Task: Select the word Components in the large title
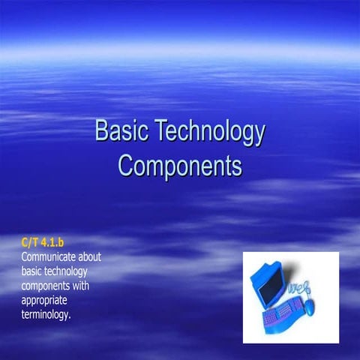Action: tap(180, 164)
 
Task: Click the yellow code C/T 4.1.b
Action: tap(43, 241)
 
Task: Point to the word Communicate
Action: tap(52, 256)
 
